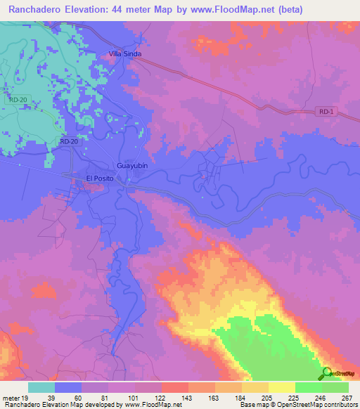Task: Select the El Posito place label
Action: (x=100, y=178)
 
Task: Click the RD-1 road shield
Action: (x=324, y=112)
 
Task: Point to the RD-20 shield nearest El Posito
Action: (x=68, y=141)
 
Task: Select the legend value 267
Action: (x=347, y=398)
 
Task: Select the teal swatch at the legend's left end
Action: (x=41, y=387)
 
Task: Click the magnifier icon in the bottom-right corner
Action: (x=327, y=373)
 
